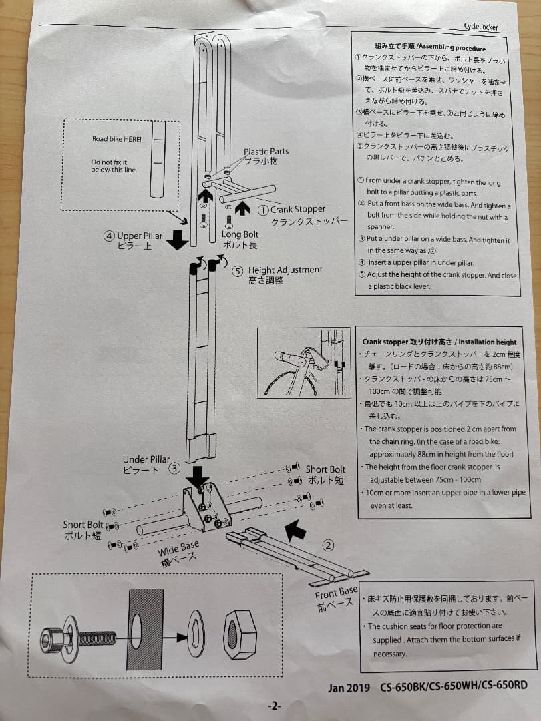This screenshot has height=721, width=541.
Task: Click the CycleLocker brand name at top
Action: [x=480, y=27]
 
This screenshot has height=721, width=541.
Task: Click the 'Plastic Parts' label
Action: [x=266, y=152]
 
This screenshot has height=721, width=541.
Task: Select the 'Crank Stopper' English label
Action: [x=298, y=209]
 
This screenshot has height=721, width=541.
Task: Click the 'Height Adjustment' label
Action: [x=285, y=270]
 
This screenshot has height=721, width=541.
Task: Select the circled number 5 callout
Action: [x=238, y=271]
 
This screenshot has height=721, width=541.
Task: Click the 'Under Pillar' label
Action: [x=146, y=459]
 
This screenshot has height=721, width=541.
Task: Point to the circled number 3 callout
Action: [x=174, y=468]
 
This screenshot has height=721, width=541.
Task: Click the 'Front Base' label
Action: [x=336, y=593]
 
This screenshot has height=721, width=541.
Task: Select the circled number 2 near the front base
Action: [x=328, y=545]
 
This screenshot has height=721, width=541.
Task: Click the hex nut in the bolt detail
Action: [x=240, y=635]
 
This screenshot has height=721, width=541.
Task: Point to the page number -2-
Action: [x=275, y=706]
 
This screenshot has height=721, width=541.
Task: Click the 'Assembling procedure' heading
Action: [x=452, y=48]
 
